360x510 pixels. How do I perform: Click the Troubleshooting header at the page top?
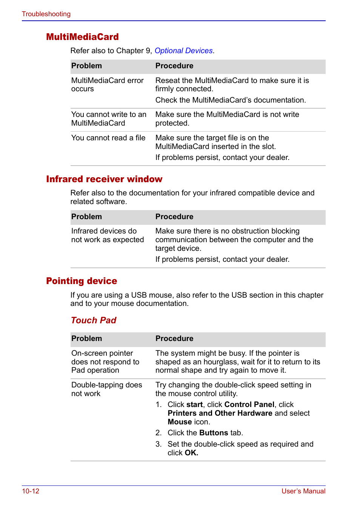click(46, 14)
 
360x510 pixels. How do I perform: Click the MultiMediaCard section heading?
click(82, 37)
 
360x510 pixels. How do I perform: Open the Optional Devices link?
click(183, 51)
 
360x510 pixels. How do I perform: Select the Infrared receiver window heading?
click(104, 179)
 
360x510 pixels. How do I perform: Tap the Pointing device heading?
click(82, 281)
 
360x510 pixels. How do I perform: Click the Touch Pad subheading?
click(94, 320)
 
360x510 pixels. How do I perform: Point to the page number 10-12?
click(31, 491)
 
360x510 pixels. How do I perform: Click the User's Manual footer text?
click(303, 491)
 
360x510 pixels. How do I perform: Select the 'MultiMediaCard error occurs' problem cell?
click(107, 85)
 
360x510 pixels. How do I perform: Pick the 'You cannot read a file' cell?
click(108, 138)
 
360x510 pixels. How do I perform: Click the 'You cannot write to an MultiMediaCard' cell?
click(109, 119)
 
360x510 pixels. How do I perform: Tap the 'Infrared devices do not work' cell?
click(108, 235)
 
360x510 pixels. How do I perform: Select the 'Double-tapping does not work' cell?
click(106, 389)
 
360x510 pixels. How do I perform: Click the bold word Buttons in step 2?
click(214, 433)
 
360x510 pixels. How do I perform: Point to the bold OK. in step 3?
click(191, 453)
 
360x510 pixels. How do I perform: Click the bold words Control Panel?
click(249, 405)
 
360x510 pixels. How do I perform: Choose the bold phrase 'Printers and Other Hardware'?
click(220, 413)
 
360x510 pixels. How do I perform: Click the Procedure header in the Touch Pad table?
click(174, 339)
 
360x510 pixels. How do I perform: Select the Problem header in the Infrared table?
click(86, 217)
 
